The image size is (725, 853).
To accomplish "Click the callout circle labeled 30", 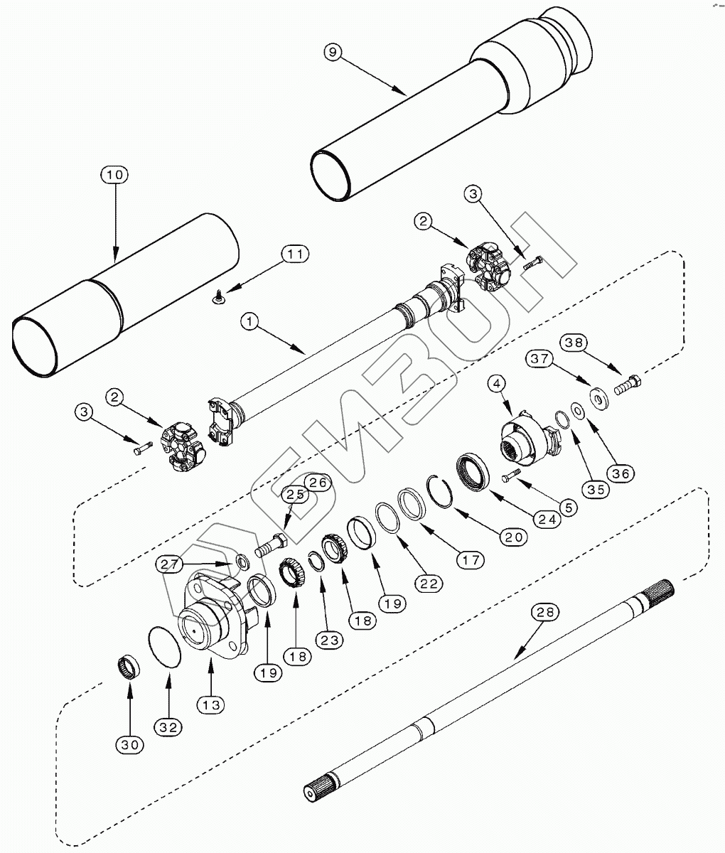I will point(129,744).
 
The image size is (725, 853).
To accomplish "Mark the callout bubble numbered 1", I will point(249,322).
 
